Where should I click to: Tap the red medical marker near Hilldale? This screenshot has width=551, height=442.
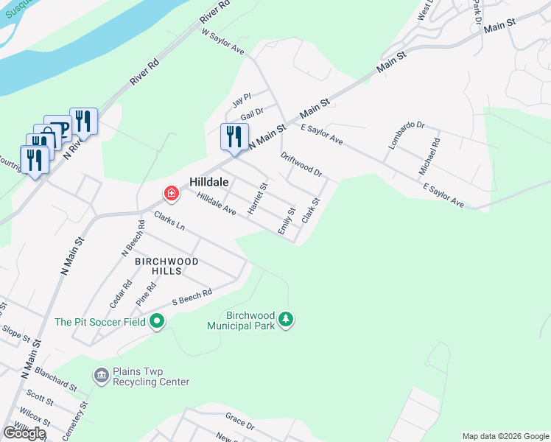pyautogui.click(x=171, y=194)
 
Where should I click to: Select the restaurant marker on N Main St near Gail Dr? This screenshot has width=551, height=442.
pyautogui.click(x=234, y=137)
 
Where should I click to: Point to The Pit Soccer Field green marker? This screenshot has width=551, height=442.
pyautogui.click(x=156, y=321)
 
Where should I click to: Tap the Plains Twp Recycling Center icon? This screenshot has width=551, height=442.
pyautogui.click(x=101, y=376)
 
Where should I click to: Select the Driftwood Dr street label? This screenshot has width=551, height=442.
pyautogui.click(x=301, y=164)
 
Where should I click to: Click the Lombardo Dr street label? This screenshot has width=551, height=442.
pyautogui.click(x=407, y=136)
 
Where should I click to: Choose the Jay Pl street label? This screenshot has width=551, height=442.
pyautogui.click(x=242, y=98)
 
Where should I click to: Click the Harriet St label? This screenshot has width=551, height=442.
pyautogui.click(x=258, y=200)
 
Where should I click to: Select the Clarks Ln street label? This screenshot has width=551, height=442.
pyautogui.click(x=169, y=221)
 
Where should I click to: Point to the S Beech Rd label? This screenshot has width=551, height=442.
pyautogui.click(x=192, y=297)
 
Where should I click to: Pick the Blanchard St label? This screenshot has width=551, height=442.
pyautogui.click(x=55, y=379)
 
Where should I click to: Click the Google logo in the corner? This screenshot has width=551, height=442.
pyautogui.click(x=24, y=433)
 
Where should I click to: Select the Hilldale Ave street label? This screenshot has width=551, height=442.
pyautogui.click(x=216, y=203)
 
